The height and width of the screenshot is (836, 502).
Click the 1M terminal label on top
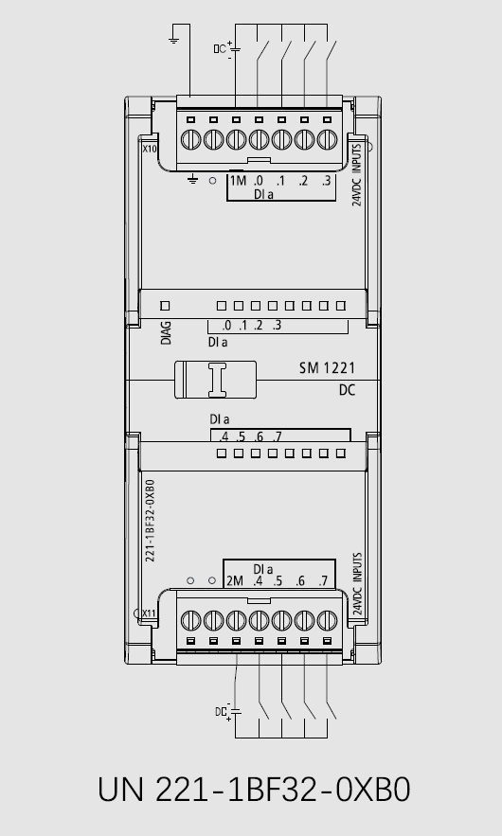click(x=238, y=181)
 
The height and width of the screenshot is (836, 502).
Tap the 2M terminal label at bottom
click(x=235, y=581)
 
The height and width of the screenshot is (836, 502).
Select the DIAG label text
click(x=166, y=332)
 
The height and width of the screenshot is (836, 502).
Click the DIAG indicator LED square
click(x=165, y=306)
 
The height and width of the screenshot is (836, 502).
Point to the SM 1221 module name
click(x=327, y=368)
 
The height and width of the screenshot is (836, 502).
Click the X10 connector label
click(x=150, y=149)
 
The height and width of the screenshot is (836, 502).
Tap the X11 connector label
click(x=149, y=614)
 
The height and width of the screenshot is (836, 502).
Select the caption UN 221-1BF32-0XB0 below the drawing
click(x=254, y=790)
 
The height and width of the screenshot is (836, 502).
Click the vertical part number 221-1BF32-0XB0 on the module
click(x=150, y=521)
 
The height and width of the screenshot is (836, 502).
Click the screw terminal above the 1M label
click(x=236, y=140)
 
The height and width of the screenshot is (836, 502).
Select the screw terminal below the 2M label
click(x=236, y=620)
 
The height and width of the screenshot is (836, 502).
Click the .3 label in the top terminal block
click(x=326, y=181)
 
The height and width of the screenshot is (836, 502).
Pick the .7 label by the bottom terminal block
click(x=323, y=581)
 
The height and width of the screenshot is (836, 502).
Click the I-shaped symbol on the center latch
click(x=217, y=380)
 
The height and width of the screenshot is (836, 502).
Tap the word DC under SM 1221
click(x=347, y=390)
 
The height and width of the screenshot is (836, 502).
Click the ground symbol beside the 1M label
click(x=192, y=180)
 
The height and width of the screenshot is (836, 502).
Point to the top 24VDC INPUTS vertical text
click(x=357, y=174)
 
